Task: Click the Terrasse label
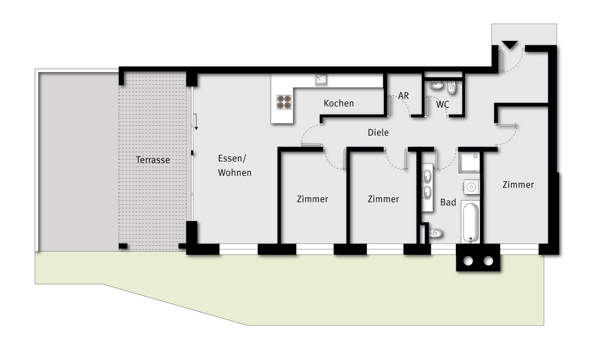(153, 160)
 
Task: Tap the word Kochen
(339, 103)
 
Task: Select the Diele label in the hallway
(378, 133)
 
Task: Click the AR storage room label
(403, 96)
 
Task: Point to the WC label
(443, 105)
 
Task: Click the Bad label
(448, 202)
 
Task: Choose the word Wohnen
(235, 173)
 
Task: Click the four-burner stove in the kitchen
(284, 102)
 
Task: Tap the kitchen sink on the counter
(322, 80)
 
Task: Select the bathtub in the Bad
(471, 222)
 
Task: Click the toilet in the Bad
(435, 233)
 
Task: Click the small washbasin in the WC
(436, 86)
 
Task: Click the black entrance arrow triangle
(510, 45)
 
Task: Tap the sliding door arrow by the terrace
(196, 122)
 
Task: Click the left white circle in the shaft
(468, 261)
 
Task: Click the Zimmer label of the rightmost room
(518, 185)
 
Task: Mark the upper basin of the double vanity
(427, 175)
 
